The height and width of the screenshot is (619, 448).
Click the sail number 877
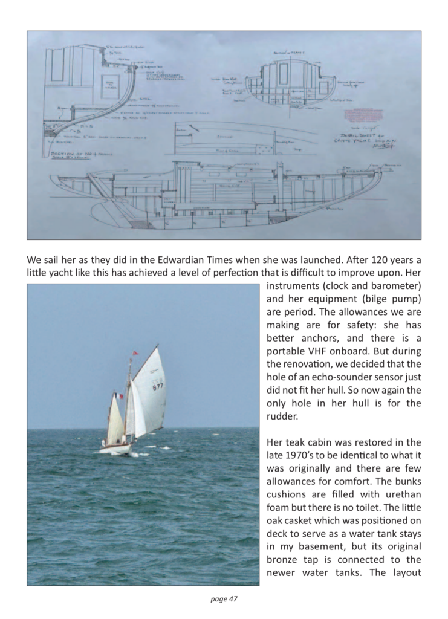pos(158,386)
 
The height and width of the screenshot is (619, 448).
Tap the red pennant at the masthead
pos(134,352)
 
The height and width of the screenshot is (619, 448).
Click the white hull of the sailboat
pos(116,449)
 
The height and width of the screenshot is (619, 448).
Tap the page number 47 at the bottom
pos(224,599)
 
